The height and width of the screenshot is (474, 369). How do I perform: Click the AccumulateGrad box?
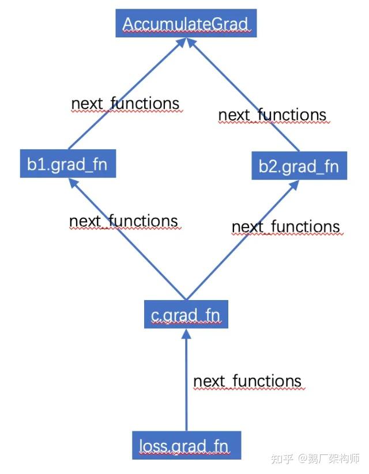[186, 23]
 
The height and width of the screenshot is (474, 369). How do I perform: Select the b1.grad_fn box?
[68, 164]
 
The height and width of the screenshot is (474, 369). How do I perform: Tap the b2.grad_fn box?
[299, 166]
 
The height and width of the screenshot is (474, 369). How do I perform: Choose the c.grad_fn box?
[186, 314]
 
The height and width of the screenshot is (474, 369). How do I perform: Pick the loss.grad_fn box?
[186, 445]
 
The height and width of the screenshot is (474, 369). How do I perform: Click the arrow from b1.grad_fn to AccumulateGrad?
[127, 94]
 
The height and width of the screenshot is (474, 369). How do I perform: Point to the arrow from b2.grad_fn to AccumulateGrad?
[243, 94]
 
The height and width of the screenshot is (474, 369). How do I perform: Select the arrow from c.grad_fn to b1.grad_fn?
[127, 239]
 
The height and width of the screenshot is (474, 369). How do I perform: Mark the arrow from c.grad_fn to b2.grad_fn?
[243, 240]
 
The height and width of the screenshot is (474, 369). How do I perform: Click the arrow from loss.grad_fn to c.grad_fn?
[186, 380]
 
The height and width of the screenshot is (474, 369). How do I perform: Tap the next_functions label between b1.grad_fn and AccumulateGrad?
[125, 104]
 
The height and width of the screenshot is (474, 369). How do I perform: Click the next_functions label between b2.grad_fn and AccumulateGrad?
[273, 115]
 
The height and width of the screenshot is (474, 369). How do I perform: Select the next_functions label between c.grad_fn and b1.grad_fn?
[123, 221]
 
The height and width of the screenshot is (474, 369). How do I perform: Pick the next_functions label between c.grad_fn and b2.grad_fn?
[286, 227]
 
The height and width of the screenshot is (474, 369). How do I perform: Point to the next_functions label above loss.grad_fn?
[247, 381]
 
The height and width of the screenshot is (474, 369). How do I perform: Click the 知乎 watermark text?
[282, 458]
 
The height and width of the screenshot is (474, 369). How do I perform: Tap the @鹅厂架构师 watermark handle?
[329, 458]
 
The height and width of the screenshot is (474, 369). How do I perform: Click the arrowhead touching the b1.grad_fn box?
[74, 183]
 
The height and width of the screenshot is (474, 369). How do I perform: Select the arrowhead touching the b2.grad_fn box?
[295, 185]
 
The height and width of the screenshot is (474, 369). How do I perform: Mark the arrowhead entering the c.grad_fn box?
[186, 333]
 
